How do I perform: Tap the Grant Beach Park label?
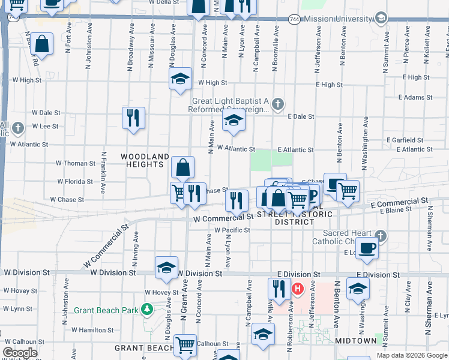click(x=106, y=310)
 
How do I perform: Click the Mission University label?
click(x=339, y=19)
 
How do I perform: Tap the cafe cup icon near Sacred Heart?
click(x=367, y=247)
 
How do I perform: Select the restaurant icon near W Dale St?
click(x=133, y=117)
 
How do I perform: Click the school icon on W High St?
click(x=179, y=79)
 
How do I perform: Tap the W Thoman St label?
click(x=76, y=163)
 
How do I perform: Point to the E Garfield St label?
click(x=405, y=140)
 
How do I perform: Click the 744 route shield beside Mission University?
click(x=294, y=19)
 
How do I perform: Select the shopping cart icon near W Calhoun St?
click(x=185, y=345)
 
